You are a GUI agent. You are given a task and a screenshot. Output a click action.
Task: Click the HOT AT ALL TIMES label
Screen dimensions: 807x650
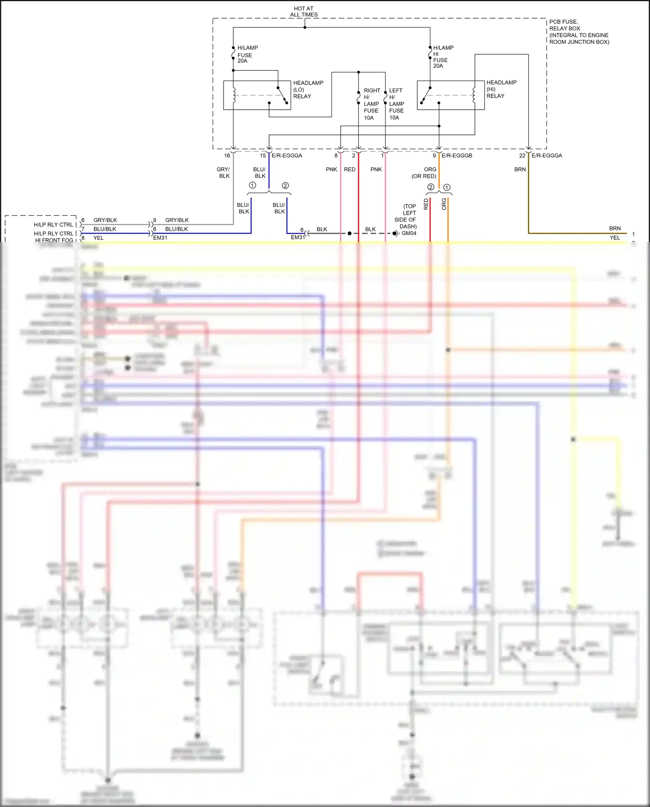click(304, 12)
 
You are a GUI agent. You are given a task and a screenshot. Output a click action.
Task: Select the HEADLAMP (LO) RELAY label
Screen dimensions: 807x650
click(308, 89)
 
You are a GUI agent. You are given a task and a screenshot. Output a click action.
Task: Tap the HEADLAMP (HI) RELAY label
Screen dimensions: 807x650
click(501, 89)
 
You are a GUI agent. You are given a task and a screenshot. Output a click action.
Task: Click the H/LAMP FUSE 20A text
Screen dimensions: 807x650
click(247, 54)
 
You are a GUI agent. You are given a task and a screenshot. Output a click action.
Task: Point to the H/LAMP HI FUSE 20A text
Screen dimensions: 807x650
click(443, 57)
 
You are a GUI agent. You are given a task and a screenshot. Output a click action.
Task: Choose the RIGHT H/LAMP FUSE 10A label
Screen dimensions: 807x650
click(371, 104)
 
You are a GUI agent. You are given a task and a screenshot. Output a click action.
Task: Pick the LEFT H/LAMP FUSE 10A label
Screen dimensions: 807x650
click(396, 104)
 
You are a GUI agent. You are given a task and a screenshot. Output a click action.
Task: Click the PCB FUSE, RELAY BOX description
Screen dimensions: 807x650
click(579, 32)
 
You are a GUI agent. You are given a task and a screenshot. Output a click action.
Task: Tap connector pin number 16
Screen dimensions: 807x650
click(227, 155)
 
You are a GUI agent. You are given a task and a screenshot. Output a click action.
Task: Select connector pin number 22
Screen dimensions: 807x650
click(522, 155)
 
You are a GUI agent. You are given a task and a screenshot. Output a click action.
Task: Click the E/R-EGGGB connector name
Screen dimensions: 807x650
click(457, 155)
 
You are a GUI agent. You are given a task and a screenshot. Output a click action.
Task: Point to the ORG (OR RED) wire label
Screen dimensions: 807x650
click(424, 173)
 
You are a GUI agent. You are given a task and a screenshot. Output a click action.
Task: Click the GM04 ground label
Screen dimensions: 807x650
click(409, 233)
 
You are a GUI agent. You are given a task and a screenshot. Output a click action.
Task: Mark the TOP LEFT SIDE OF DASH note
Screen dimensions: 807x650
click(406, 216)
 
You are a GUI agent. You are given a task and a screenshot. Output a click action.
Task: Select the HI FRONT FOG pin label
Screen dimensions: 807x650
click(54, 240)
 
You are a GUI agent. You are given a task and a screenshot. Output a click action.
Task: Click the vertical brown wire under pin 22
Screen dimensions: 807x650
click(528, 195)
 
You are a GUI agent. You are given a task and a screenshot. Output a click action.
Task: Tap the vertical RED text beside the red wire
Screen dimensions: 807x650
click(426, 204)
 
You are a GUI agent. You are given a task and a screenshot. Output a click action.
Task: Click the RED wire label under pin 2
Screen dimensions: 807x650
click(350, 170)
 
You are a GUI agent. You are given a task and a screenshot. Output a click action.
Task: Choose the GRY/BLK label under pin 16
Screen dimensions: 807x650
click(224, 173)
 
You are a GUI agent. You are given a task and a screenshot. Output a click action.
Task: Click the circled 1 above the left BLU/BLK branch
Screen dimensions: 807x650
click(253, 186)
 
